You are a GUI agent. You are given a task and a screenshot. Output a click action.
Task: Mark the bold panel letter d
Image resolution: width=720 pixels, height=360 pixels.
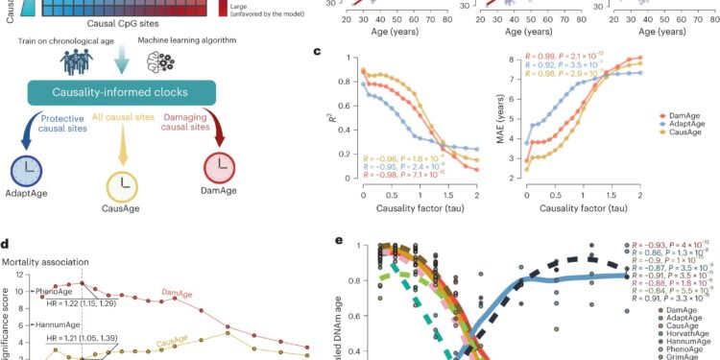(x=7, y=245)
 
